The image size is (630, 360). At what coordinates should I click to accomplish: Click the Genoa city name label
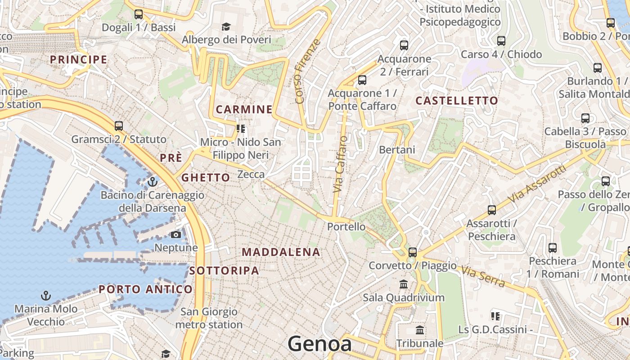click(319, 344)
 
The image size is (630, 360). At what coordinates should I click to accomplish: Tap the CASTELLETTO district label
click(457, 101)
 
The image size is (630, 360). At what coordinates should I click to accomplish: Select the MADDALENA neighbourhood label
click(281, 252)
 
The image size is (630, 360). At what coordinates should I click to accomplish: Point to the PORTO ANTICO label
click(146, 289)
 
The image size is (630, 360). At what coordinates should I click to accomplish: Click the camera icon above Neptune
click(176, 235)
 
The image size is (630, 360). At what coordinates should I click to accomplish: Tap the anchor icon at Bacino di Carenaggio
click(153, 182)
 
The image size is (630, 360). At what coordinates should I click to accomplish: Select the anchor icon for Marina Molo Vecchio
click(45, 296)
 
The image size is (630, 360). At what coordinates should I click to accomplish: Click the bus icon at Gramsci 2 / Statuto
click(119, 126)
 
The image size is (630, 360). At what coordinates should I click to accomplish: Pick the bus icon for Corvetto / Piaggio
click(413, 252)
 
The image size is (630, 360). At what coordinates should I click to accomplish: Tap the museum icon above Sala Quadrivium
click(404, 284)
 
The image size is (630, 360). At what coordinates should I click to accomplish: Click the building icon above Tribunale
click(420, 330)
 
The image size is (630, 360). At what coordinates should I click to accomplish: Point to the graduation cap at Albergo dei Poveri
click(226, 27)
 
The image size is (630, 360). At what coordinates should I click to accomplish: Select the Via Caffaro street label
click(341, 164)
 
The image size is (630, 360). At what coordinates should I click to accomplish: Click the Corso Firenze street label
click(307, 71)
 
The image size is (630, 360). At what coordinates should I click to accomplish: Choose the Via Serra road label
click(482, 276)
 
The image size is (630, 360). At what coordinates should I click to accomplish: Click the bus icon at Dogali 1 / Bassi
click(139, 14)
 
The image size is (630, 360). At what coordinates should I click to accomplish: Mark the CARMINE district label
click(244, 109)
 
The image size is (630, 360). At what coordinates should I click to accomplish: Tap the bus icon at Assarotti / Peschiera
click(492, 210)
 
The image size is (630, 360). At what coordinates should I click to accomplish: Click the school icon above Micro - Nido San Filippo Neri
click(241, 129)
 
